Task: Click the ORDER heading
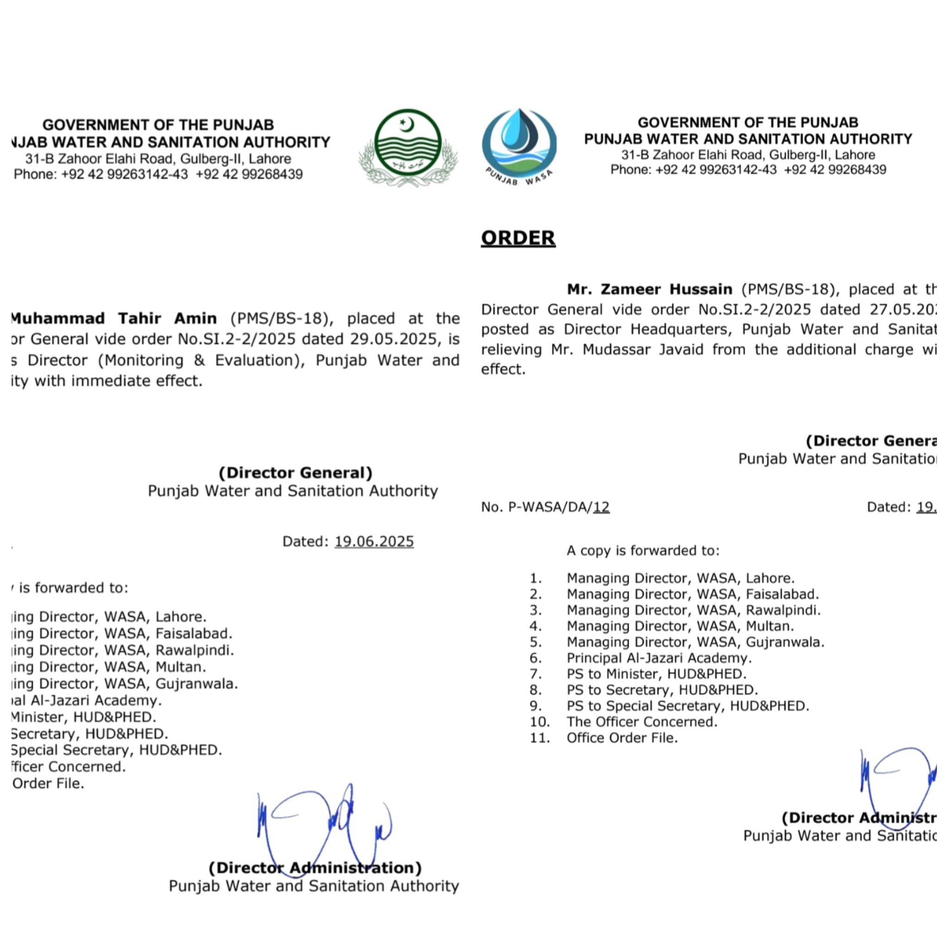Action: tap(518, 238)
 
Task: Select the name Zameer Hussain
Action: tap(649, 289)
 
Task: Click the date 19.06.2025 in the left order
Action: tap(374, 541)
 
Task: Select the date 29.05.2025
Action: tap(392, 339)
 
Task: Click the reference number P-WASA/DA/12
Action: tap(545, 507)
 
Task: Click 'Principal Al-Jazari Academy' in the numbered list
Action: tap(659, 658)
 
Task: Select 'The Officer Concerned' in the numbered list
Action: tap(641, 722)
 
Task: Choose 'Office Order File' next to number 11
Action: tap(622, 738)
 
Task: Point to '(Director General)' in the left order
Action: tap(295, 473)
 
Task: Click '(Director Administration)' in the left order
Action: tap(315, 868)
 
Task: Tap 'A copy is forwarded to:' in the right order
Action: tap(643, 550)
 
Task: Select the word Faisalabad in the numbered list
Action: tap(782, 595)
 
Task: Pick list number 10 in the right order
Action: tap(539, 722)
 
